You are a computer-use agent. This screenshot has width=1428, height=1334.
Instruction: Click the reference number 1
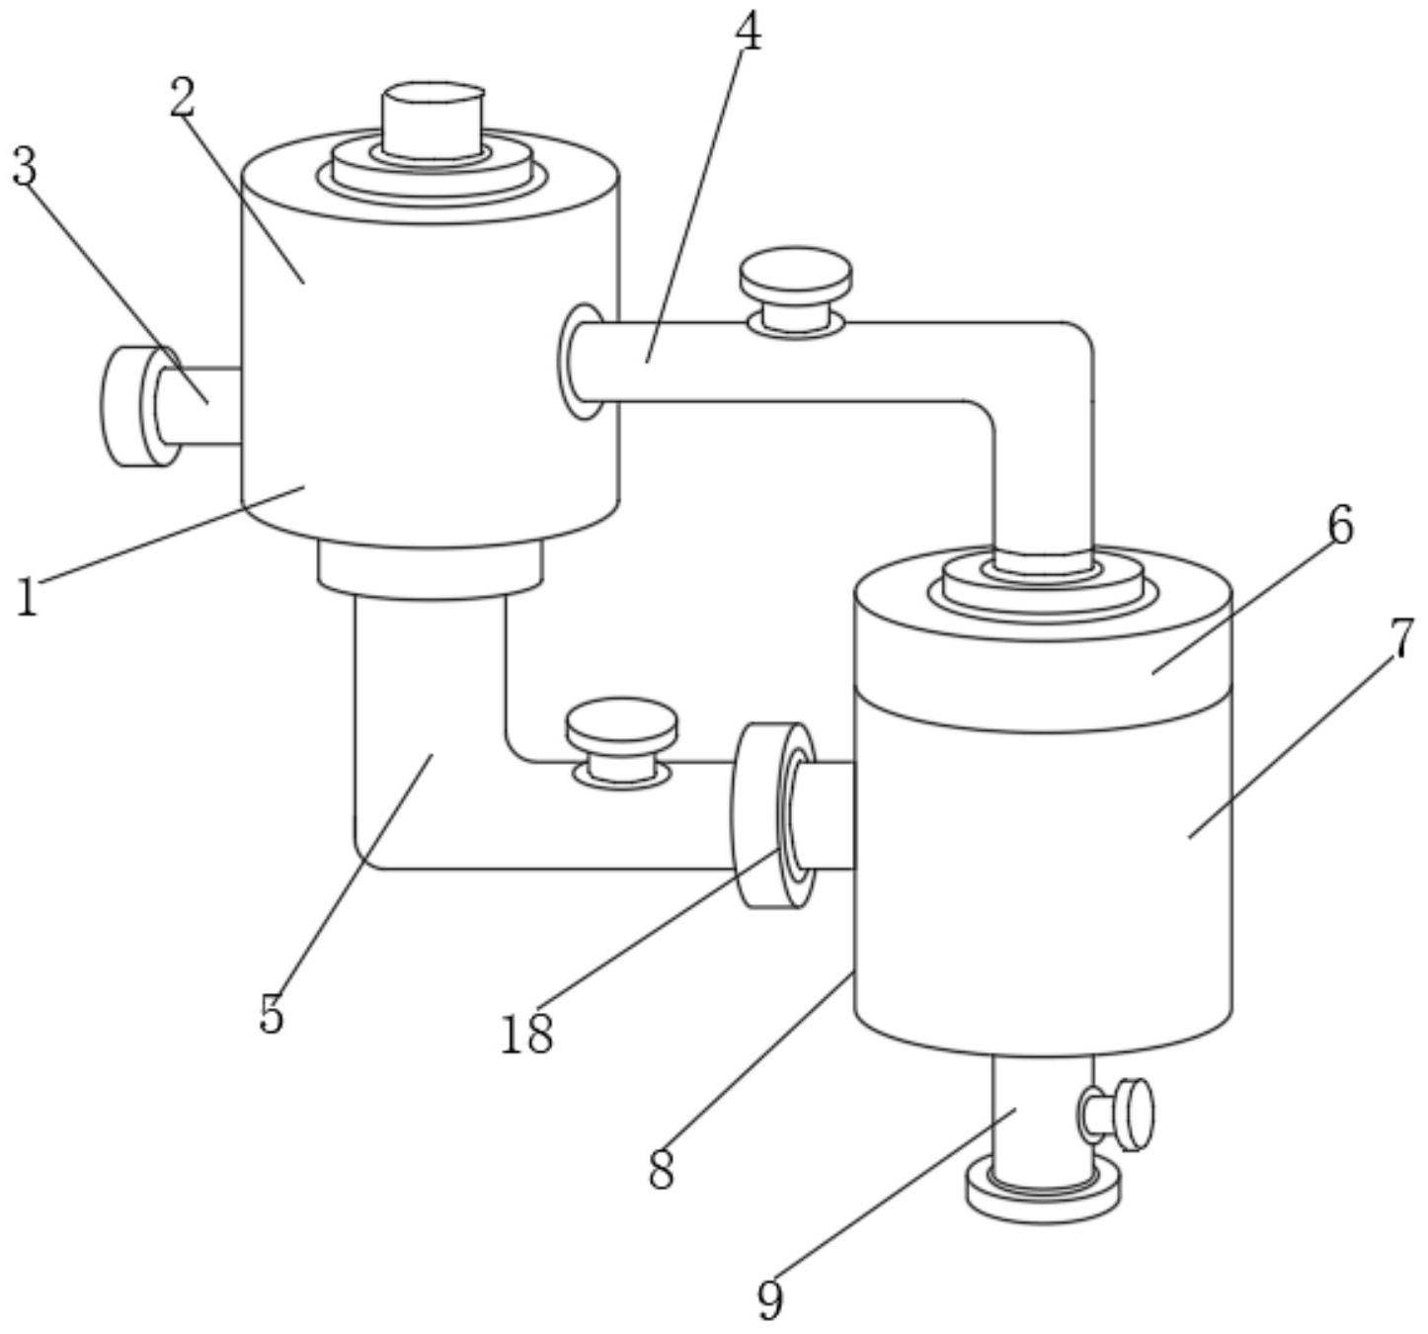tap(27, 597)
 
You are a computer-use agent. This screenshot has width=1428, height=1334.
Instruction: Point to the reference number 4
tap(748, 32)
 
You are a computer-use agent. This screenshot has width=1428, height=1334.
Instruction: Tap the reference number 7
tap(1401, 638)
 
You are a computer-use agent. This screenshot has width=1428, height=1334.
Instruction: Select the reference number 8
tap(662, 1170)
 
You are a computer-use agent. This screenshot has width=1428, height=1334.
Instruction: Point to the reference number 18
tap(527, 1035)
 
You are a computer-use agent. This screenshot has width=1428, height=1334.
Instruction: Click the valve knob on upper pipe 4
tap(796, 292)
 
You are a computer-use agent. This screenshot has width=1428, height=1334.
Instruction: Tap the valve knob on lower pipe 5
tap(622, 742)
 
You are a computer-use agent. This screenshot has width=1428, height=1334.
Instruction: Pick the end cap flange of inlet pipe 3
tap(140, 406)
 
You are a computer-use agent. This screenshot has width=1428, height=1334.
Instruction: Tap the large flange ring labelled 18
tap(773, 815)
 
